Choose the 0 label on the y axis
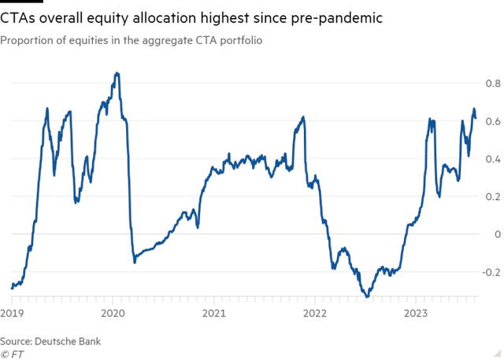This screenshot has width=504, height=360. point(496,233)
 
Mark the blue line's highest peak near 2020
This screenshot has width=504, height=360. point(117,74)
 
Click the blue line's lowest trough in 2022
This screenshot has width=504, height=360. point(365,297)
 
